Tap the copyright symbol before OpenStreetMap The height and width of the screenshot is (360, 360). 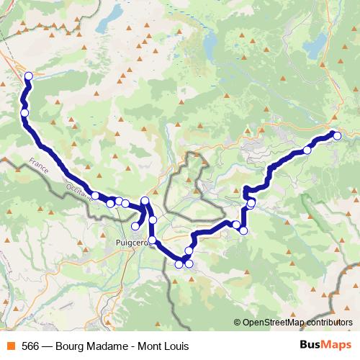(238, 322)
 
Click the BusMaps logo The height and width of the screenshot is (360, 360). (322, 345)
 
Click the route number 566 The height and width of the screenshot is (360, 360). (30, 346)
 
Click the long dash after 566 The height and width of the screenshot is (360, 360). (48, 346)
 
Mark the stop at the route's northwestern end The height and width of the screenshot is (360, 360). (29, 76)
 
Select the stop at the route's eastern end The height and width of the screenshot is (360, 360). (336, 135)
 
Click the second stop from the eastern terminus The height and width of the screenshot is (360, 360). (307, 150)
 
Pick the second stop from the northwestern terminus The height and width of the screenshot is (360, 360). (24, 112)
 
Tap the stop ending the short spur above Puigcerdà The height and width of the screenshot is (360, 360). (135, 226)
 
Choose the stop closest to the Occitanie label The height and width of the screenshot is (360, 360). (95, 195)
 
